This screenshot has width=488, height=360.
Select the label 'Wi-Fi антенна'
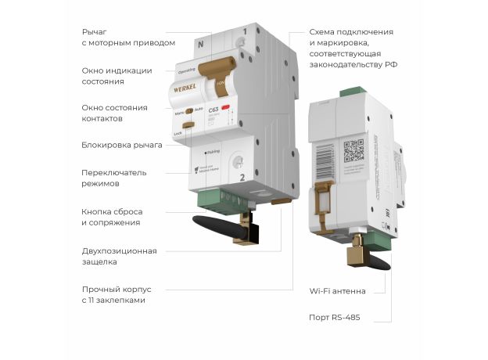pos(338,291)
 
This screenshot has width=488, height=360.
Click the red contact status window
pos(226,108)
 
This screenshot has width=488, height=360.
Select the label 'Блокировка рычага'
pos(121,145)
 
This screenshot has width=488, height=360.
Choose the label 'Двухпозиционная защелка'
pos(119,256)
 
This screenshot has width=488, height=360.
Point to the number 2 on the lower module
pos(242,178)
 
